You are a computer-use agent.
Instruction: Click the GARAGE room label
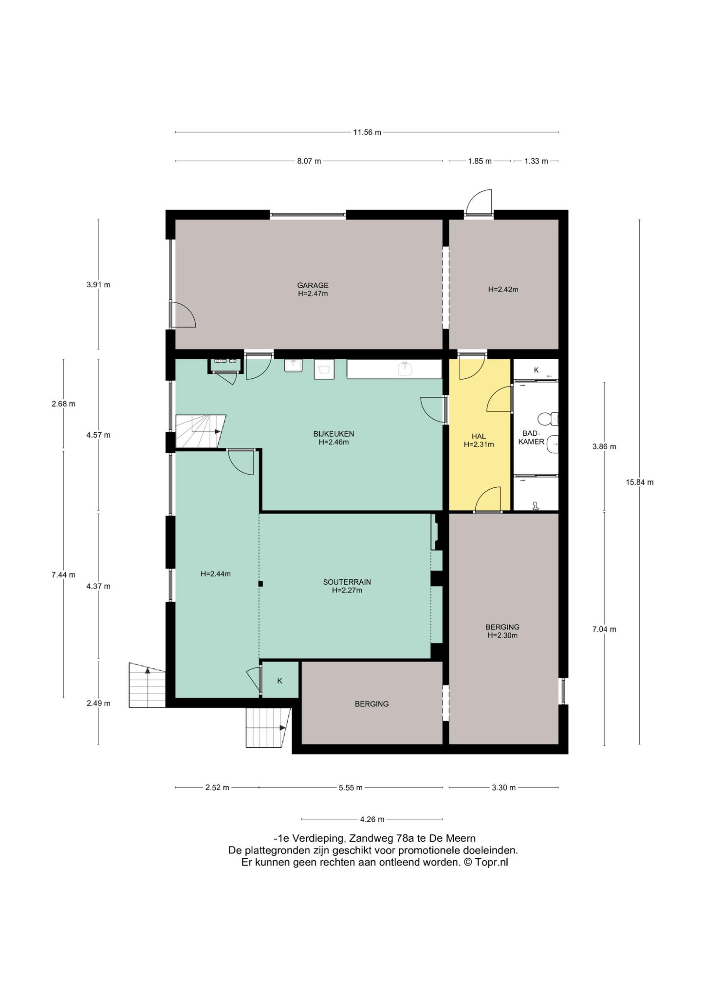[x=313, y=286]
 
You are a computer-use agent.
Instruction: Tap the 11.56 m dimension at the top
[x=367, y=132]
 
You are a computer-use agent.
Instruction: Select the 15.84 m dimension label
[x=639, y=482]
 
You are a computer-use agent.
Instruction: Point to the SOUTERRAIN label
[x=347, y=582]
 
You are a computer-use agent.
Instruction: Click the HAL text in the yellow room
[x=479, y=436]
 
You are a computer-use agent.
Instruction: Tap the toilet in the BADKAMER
[x=549, y=419]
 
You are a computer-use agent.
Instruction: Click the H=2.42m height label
[x=503, y=289]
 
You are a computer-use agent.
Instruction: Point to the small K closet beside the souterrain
[x=280, y=681]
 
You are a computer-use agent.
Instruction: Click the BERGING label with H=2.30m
[x=502, y=627]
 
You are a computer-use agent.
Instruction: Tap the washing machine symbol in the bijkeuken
[x=324, y=369]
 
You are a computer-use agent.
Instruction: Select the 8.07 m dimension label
[x=309, y=161]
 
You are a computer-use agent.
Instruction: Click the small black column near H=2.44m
[x=261, y=584]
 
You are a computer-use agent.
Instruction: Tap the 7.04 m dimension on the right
[x=604, y=629]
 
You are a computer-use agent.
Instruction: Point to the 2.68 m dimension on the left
[x=63, y=404]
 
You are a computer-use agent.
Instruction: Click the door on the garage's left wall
[x=183, y=314]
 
